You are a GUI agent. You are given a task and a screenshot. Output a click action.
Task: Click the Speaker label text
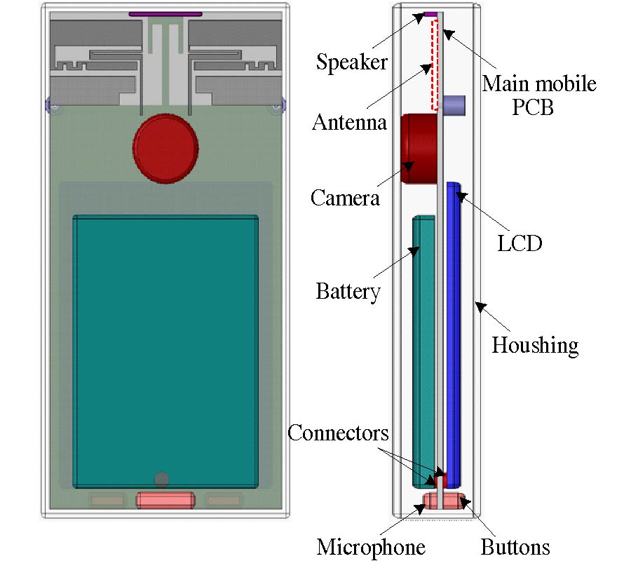pyautogui.click(x=351, y=62)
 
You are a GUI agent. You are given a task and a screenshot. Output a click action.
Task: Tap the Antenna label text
pyautogui.click(x=349, y=123)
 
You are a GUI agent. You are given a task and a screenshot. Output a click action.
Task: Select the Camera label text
pyautogui.click(x=345, y=198)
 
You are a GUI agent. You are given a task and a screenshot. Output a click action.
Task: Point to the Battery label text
pyautogui.click(x=348, y=290)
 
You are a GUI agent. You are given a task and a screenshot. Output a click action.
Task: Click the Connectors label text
pyautogui.click(x=338, y=433)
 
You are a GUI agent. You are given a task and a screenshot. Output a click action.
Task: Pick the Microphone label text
pyautogui.click(x=371, y=547)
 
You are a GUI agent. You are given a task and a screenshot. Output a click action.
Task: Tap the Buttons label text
pyautogui.click(x=515, y=547)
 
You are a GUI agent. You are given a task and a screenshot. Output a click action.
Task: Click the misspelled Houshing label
pyautogui.click(x=535, y=345)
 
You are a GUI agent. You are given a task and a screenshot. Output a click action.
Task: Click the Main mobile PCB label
pyautogui.click(x=538, y=95)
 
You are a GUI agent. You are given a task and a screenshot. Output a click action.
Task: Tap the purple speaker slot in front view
pyautogui.click(x=165, y=14)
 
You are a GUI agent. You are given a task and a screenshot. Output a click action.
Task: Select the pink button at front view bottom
pyautogui.click(x=165, y=500)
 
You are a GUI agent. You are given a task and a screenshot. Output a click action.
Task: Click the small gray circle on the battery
pyautogui.click(x=162, y=480)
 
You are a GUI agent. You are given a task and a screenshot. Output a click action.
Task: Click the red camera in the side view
pyautogui.click(x=417, y=149)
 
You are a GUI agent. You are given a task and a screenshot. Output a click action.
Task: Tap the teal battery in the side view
pyautogui.click(x=423, y=351)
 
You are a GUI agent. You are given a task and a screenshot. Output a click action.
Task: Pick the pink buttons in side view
pyautogui.click(x=445, y=501)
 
